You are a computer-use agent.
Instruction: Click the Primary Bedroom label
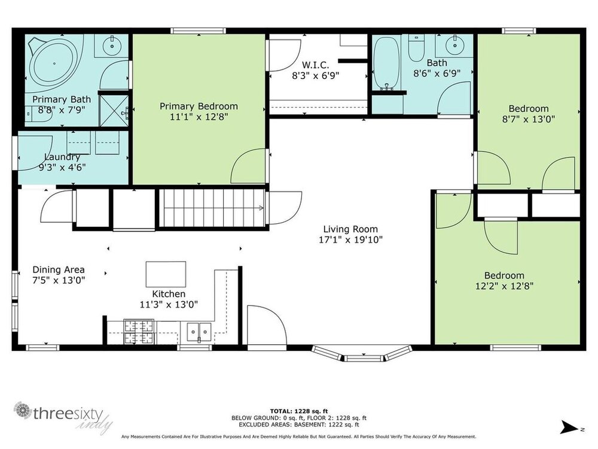coord(199,106)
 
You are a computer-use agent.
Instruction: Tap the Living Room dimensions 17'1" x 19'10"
coord(350,240)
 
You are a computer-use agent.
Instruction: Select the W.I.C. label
coord(315,65)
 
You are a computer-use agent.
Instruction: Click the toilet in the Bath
coord(416,47)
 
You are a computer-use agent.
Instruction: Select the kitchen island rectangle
coord(166,274)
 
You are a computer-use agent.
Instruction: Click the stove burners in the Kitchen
coord(139,332)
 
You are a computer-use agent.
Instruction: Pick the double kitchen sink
coord(199,332)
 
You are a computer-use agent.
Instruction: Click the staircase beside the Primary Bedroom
coord(212,208)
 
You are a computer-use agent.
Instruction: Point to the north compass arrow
coord(570,427)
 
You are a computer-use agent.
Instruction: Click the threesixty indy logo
coord(63,417)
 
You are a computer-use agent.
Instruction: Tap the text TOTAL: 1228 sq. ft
coord(299,411)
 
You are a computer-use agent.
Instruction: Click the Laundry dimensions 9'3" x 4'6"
coord(62,167)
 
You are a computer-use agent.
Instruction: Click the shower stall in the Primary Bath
coord(114,110)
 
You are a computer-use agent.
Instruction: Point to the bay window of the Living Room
coord(362,354)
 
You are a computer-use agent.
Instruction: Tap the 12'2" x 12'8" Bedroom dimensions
coord(504,286)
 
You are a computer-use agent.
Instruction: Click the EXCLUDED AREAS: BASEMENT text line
coord(299,424)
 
